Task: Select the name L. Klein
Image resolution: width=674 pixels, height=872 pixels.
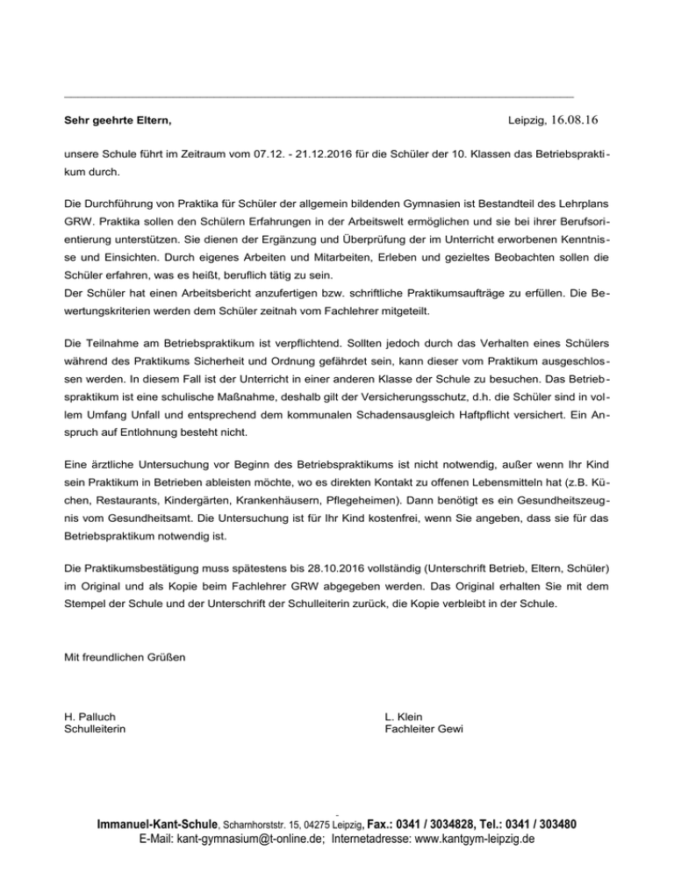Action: click(404, 717)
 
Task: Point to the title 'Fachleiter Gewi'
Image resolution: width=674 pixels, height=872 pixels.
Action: click(424, 729)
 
